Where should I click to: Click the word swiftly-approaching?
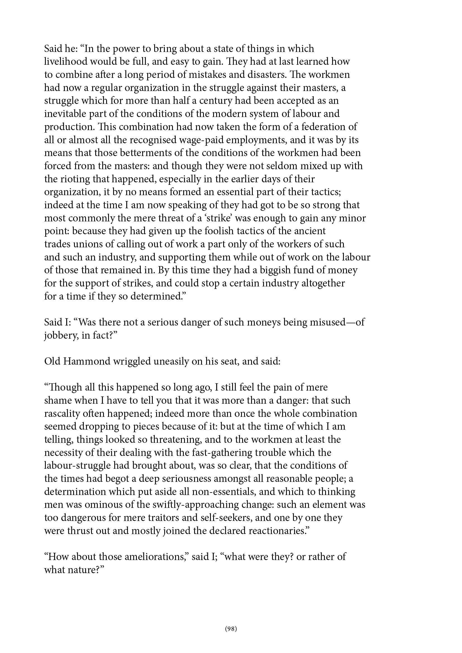point(196,505)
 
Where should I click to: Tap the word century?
point(217,101)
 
